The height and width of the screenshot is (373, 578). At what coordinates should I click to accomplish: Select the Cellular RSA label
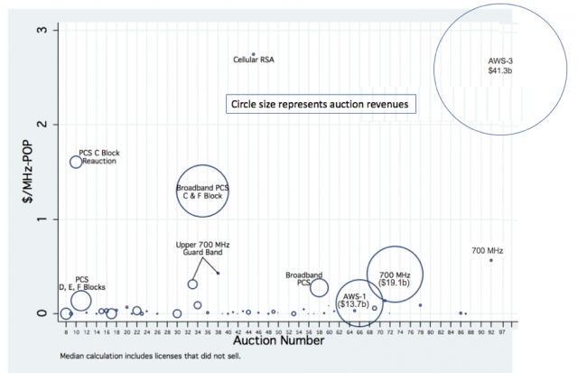[254, 61]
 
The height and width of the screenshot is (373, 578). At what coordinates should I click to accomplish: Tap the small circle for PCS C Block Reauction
[76, 163]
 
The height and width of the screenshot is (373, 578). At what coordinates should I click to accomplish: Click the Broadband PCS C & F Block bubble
[206, 191]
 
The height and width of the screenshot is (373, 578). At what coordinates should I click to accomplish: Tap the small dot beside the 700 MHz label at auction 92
[491, 260]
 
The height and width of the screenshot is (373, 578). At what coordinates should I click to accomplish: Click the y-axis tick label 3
[54, 31]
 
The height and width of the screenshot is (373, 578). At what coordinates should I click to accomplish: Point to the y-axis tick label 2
[54, 125]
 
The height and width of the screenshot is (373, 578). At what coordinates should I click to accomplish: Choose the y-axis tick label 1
[54, 219]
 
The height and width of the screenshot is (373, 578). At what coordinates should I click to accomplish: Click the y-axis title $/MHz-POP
[28, 172]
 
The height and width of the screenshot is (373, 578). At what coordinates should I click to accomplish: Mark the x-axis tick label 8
[66, 332]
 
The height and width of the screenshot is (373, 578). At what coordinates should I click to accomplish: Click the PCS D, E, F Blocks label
[82, 283]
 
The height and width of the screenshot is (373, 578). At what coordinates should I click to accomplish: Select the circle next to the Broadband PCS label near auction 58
[319, 287]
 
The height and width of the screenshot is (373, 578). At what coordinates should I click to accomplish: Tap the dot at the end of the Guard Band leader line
[218, 273]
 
